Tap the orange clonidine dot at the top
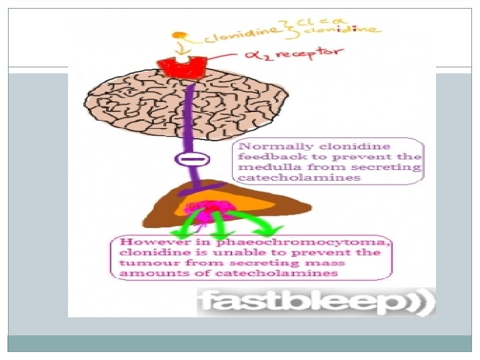coord(176,35)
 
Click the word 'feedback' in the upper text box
coord(265,156)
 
